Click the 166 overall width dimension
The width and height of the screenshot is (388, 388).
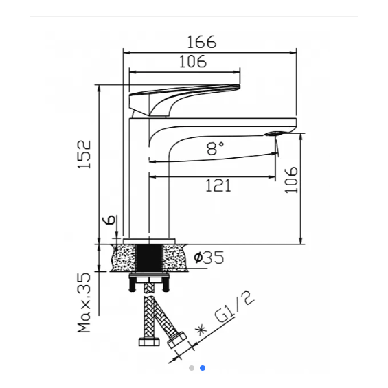[202, 42]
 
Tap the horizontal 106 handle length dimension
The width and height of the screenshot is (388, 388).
[193, 62]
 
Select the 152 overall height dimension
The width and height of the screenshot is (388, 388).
[84, 155]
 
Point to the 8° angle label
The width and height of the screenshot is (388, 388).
[215, 148]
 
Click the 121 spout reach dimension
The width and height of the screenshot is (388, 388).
[218, 186]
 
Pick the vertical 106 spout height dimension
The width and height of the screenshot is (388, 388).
[291, 180]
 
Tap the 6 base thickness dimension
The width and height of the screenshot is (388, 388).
[109, 219]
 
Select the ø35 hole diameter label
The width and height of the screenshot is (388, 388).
[209, 258]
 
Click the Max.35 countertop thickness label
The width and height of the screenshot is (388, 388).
[84, 303]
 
